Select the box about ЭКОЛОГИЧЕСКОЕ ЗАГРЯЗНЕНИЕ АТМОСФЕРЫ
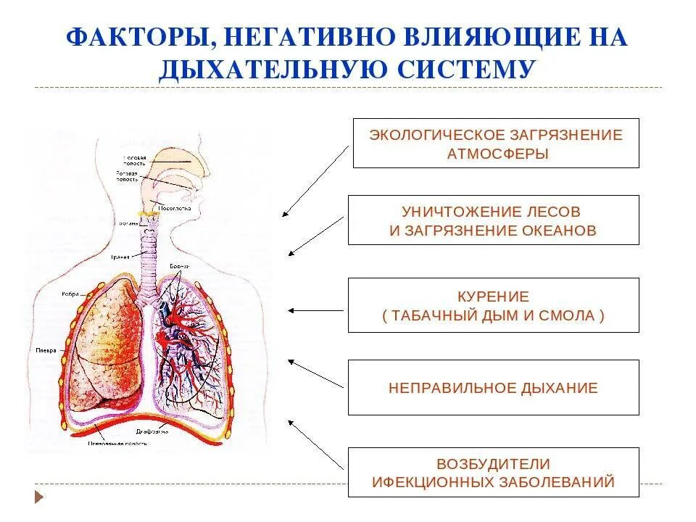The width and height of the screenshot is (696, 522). tap(496, 144)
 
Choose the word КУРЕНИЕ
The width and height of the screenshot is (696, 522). tap(493, 297)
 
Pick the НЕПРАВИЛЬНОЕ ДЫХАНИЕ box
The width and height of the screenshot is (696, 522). tap(493, 388)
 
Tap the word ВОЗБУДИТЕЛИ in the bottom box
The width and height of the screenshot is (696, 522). tap(493, 463)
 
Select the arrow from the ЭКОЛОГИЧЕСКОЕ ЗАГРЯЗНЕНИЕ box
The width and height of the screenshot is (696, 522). tap(315, 181)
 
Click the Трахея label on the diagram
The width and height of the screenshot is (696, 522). tap(120, 257)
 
